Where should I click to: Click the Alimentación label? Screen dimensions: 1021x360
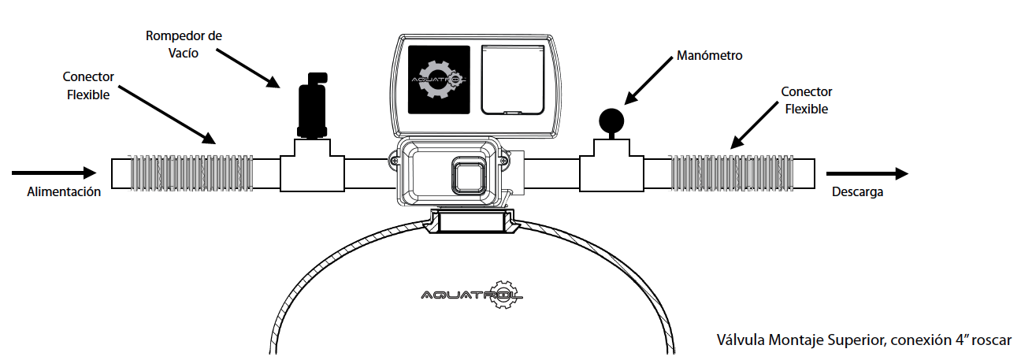pyautogui.click(x=64, y=192)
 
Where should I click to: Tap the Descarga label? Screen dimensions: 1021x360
pyautogui.click(x=857, y=192)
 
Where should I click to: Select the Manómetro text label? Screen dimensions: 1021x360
pyautogui.click(x=709, y=56)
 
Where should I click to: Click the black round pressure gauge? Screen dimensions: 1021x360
pyautogui.click(x=611, y=121)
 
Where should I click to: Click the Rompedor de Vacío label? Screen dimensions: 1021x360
pyautogui.click(x=184, y=44)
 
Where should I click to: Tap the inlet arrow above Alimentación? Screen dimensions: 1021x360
pyautogui.click(x=54, y=173)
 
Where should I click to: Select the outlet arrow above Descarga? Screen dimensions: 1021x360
pyautogui.click(x=867, y=173)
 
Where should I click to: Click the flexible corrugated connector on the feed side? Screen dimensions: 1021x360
pyautogui.click(x=191, y=173)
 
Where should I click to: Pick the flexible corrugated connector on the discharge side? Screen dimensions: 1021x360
pyautogui.click(x=732, y=173)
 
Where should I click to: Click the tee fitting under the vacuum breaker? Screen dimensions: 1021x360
pyautogui.click(x=312, y=166)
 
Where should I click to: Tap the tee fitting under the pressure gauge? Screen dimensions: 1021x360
pyautogui.click(x=611, y=165)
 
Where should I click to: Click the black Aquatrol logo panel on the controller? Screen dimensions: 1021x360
pyautogui.click(x=439, y=80)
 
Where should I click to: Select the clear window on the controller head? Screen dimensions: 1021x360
pyautogui.click(x=513, y=80)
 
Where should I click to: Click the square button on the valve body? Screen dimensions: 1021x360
pyautogui.click(x=467, y=174)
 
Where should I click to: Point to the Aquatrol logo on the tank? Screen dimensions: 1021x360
pyautogui.click(x=472, y=295)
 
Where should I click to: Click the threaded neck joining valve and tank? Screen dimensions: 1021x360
pyautogui.click(x=472, y=221)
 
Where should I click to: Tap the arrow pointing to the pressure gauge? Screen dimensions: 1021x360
pyautogui.click(x=648, y=80)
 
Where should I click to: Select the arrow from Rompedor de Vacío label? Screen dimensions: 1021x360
pyautogui.click(x=248, y=69)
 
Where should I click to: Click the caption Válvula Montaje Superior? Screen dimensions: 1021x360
pyautogui.click(x=793, y=340)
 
